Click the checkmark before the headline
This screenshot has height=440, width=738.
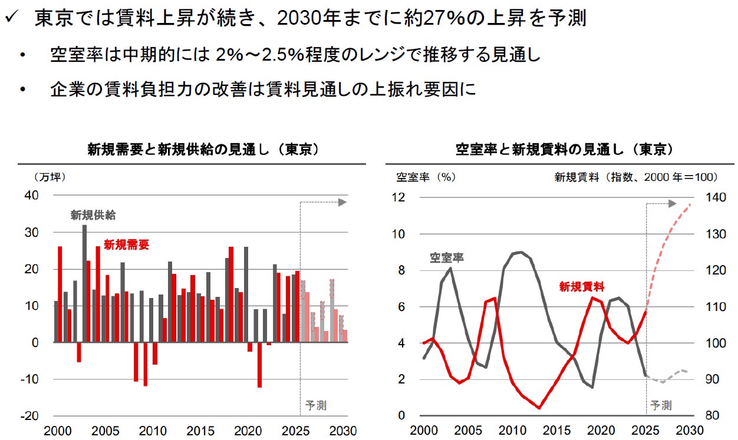pos(12,16)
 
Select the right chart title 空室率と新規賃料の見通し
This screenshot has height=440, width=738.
pos(539,150)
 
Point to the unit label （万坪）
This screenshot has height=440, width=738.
pos(50,177)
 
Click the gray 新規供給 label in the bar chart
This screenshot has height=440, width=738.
pos(93,215)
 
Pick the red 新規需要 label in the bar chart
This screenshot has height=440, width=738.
pos(127,244)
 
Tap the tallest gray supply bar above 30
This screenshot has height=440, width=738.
pos(85,283)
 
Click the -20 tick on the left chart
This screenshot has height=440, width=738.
pos(29,416)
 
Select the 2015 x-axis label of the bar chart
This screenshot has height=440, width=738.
pos(200,431)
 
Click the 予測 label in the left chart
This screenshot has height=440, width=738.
pos(315,405)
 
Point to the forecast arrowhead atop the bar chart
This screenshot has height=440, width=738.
pos(342,202)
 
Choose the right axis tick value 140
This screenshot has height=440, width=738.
pos(715,197)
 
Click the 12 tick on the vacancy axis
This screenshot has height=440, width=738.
pos(398,197)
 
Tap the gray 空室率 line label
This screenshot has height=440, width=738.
pos(446,257)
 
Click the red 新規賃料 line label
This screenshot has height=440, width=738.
pos(582,287)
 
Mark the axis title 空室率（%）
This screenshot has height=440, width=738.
pos(426,177)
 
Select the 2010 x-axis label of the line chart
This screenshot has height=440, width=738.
pos(512,431)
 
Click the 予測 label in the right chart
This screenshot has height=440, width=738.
pos(661,405)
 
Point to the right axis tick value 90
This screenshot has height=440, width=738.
pos(712,379)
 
